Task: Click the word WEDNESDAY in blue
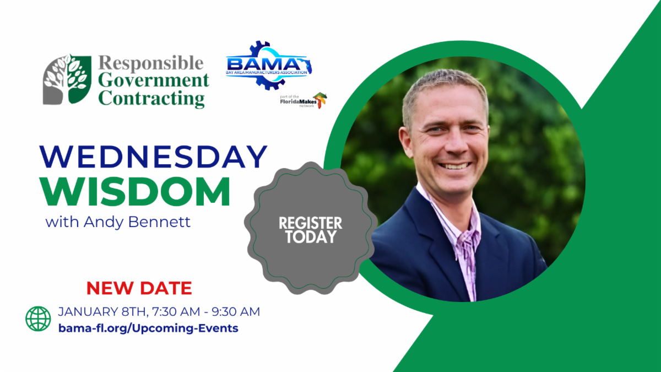(x=154, y=157)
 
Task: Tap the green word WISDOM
(x=135, y=191)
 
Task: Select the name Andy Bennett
(x=137, y=222)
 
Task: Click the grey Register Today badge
(x=311, y=228)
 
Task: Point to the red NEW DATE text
(x=139, y=288)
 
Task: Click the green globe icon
(x=38, y=319)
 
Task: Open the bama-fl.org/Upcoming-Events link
(x=148, y=328)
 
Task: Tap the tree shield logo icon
(x=67, y=79)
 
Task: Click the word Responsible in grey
(x=151, y=63)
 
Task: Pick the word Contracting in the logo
(x=151, y=98)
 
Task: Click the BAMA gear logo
(x=269, y=65)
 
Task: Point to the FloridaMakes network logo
(x=304, y=100)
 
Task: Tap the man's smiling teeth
(x=454, y=166)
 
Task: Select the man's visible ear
(x=406, y=142)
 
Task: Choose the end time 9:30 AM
(x=236, y=312)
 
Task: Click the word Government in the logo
(x=154, y=80)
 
